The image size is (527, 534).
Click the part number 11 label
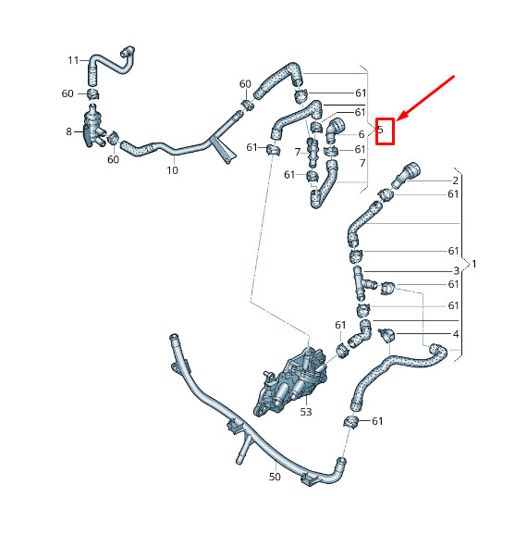pos(73,61)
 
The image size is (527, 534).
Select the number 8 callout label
pos(68,131)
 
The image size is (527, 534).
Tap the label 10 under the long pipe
pos(173,170)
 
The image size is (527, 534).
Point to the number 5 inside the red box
pos(381,130)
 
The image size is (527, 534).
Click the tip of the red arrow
pos(397,120)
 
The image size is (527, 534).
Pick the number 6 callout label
pos(362,134)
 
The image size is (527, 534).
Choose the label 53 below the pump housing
pos(306,412)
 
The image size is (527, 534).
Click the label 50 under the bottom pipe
pos(275,477)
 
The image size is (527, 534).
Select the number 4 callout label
pos(456,334)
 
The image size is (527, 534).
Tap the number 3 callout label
pos(456,271)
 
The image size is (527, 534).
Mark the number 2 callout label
pos(456,180)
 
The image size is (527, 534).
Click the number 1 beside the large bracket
pos(474,264)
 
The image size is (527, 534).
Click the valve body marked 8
pos(92,128)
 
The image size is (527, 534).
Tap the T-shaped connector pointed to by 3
pos(362,282)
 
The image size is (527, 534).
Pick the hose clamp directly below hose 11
pos(92,93)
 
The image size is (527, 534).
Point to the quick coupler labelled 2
pos(406,175)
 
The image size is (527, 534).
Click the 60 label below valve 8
pos(114,159)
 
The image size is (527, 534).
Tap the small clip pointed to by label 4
pos(386,335)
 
